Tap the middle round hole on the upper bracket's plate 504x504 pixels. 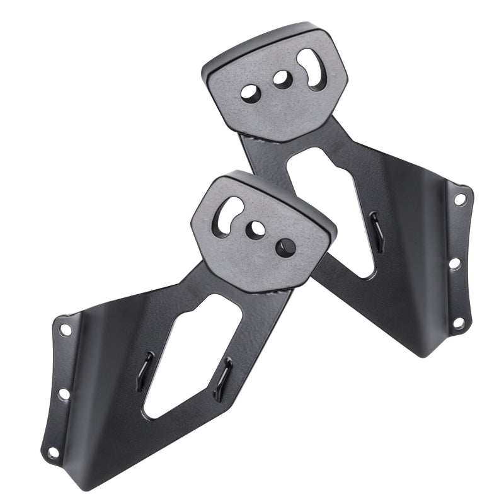pos(280,79)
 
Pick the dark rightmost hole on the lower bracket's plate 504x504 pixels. pos(283,244)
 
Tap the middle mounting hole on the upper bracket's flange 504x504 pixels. pos(454,264)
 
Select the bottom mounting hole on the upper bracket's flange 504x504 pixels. pos(459,322)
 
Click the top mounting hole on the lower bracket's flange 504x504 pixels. pos(64,329)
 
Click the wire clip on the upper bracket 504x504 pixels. pos(375,224)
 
